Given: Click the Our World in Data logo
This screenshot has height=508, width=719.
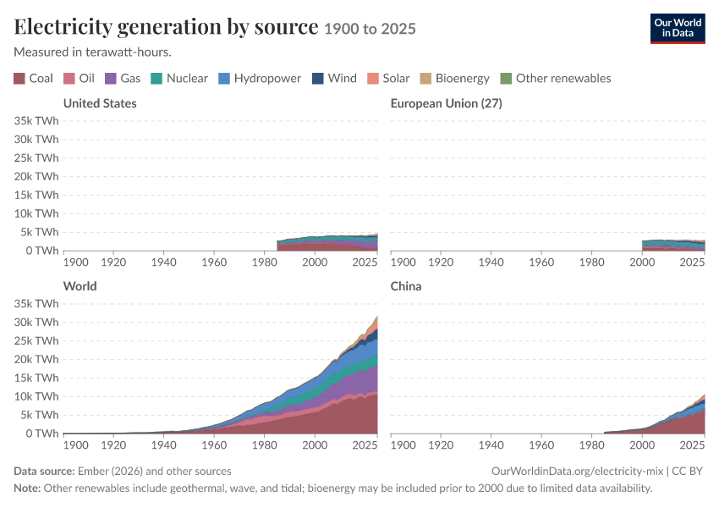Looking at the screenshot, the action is (678, 29).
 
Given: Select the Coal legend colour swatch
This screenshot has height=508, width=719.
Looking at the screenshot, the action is (19, 79).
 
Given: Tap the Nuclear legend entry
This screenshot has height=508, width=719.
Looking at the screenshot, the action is (178, 79).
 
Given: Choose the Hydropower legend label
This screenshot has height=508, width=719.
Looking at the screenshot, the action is (267, 79).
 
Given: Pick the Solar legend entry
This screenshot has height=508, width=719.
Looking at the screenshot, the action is (388, 79).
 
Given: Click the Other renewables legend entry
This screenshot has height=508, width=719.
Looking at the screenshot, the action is (555, 79).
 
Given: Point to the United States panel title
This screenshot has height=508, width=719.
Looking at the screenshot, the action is (100, 103).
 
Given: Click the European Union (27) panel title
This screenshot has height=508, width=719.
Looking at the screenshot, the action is (446, 103).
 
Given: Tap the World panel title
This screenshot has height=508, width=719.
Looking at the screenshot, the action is (80, 286).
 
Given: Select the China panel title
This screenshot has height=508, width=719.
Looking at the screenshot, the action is (406, 286).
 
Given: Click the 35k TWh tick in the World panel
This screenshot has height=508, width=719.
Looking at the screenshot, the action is (36, 303).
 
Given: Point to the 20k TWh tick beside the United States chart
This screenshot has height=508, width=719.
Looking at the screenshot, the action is (36, 176).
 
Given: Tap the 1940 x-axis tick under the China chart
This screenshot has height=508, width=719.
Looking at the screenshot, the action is (491, 444).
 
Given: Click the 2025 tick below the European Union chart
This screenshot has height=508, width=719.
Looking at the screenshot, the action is (692, 262).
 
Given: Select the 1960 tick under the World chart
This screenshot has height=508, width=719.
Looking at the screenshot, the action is (214, 444).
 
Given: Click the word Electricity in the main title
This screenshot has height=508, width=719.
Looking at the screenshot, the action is (63, 27).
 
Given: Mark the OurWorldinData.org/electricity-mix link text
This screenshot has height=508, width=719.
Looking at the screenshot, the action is (577, 472).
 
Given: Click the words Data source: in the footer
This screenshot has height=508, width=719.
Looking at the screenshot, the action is (44, 472).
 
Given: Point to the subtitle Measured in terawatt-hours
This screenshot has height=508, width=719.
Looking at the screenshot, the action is (93, 52).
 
